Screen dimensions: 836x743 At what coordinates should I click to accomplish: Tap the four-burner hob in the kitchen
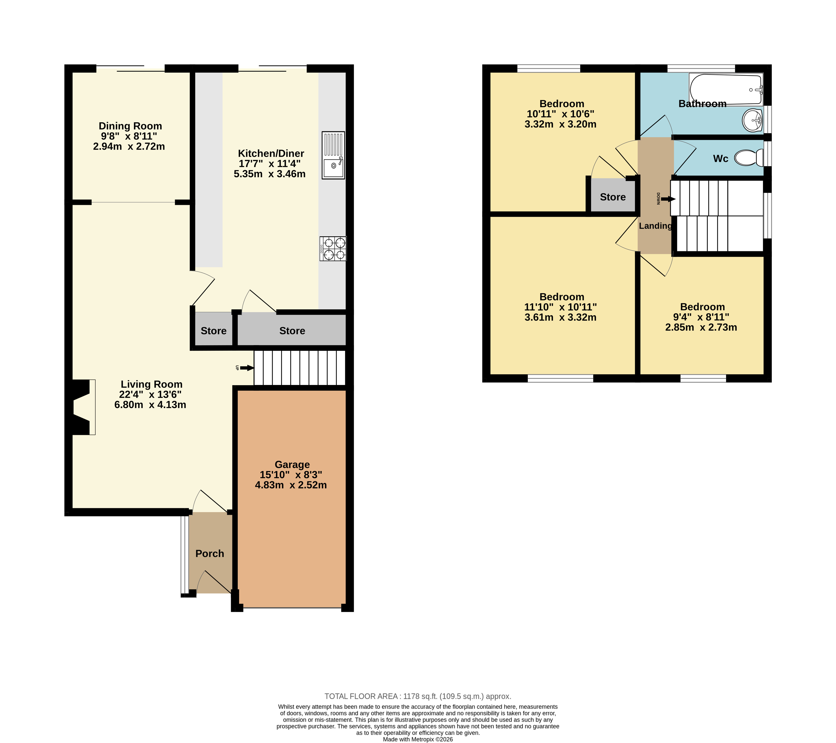[x=333, y=249]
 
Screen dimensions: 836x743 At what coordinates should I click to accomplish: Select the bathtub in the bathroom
[x=726, y=89]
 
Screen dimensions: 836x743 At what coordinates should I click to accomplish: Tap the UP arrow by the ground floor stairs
[x=247, y=368]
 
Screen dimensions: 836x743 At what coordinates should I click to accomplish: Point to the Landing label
[x=655, y=226]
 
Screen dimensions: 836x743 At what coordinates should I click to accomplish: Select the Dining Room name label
[x=130, y=126]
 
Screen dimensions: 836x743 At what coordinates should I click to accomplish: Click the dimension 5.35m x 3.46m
[x=270, y=174]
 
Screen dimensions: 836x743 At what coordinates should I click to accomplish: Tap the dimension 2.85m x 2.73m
[x=701, y=327]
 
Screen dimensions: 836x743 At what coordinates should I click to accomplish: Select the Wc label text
[x=721, y=159]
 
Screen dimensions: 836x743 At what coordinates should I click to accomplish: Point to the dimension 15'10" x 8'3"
[x=291, y=475]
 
